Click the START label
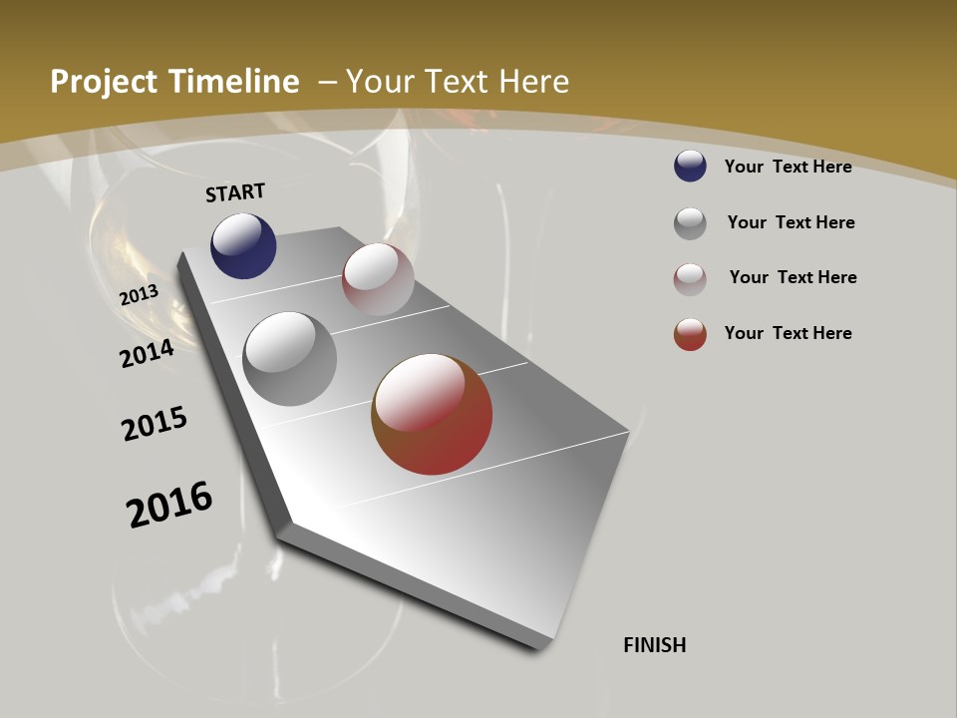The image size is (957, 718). pyautogui.click(x=235, y=192)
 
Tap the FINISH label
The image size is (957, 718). pyautogui.click(x=654, y=645)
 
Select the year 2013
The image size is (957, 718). pyautogui.click(x=140, y=294)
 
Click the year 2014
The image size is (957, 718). pyautogui.click(x=148, y=353)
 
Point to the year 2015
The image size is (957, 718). pyautogui.click(x=155, y=423)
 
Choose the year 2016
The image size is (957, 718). pyautogui.click(x=169, y=505)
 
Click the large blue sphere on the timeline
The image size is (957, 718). pyautogui.click(x=243, y=246)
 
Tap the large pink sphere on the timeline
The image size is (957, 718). pyautogui.click(x=378, y=279)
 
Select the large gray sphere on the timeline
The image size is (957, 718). pyautogui.click(x=290, y=359)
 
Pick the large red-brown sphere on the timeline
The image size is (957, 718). pyautogui.click(x=432, y=414)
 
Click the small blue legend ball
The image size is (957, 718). pyautogui.click(x=690, y=166)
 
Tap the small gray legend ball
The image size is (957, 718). pyautogui.click(x=690, y=223)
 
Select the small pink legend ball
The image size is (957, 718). pyautogui.click(x=690, y=279)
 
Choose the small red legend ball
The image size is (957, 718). pyautogui.click(x=690, y=334)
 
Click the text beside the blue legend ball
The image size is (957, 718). pyautogui.click(x=788, y=167)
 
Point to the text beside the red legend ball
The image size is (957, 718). pyautogui.click(x=788, y=333)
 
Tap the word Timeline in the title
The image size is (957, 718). pyautogui.click(x=236, y=82)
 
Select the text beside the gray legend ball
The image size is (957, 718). pyautogui.click(x=791, y=222)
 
